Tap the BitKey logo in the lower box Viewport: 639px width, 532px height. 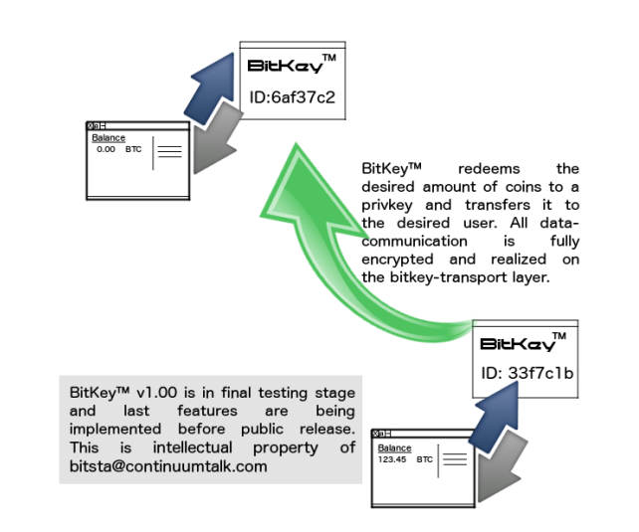pos(519,344)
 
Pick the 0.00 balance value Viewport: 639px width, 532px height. pos(106,149)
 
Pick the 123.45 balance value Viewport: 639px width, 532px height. pos(390,459)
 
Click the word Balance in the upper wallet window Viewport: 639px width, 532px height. pos(108,138)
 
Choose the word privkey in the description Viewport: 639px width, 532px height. pos(391,205)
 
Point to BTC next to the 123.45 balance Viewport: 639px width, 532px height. pos(425,459)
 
